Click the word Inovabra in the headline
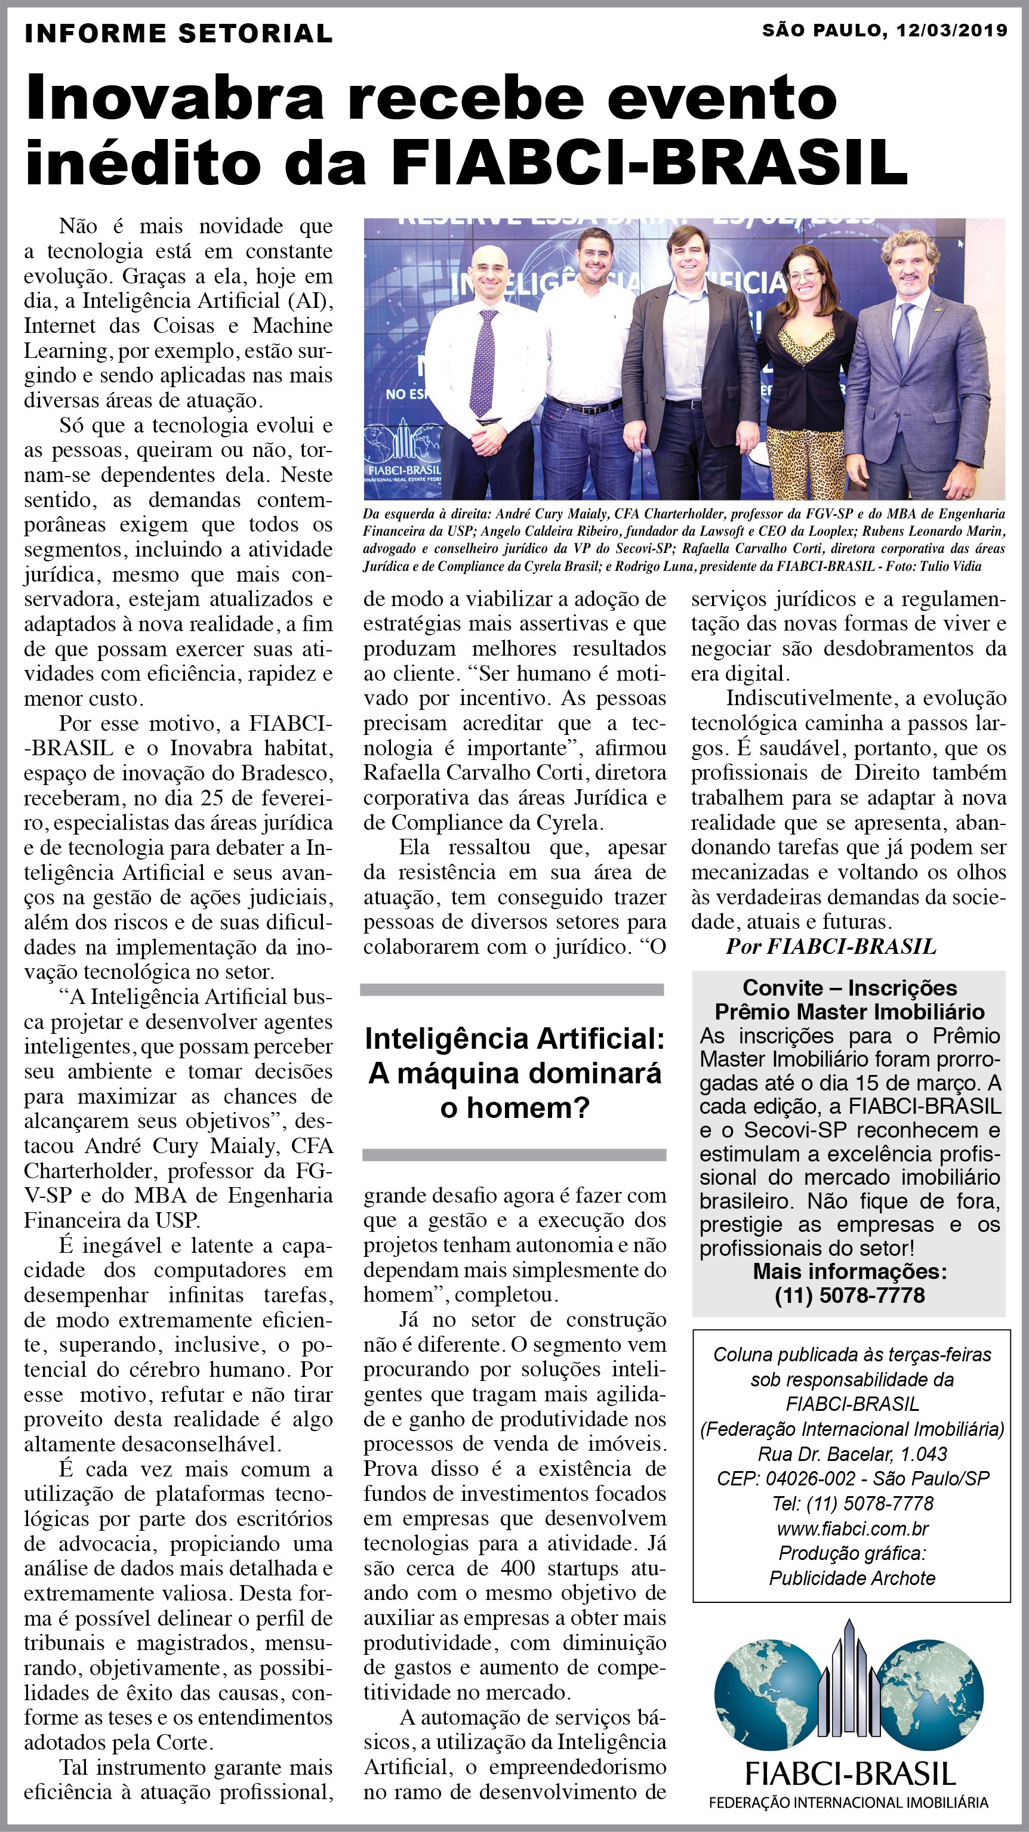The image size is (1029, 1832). pos(174,98)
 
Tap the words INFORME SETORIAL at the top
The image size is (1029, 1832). pos(178,33)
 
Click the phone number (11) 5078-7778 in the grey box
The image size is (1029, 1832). pos(850,1295)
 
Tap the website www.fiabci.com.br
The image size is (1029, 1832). pos(852,1529)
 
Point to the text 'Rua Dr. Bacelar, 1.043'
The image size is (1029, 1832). pos(852,1454)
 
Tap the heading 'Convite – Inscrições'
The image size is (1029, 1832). pos(850,988)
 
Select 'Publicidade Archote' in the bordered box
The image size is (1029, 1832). pos(852,1579)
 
